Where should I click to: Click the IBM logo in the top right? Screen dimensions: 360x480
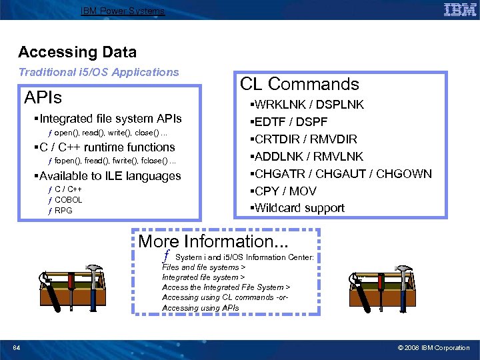click(x=459, y=9)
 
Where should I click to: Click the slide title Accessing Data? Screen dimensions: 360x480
click(x=77, y=52)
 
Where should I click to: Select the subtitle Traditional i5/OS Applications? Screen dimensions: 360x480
click(x=99, y=72)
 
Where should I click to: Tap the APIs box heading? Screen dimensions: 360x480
click(x=43, y=98)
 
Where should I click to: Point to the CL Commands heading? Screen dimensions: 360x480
click(x=299, y=84)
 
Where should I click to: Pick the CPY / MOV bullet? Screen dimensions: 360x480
click(x=283, y=191)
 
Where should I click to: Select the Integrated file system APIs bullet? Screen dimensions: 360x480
click(x=110, y=119)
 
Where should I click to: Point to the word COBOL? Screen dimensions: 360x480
click(x=68, y=200)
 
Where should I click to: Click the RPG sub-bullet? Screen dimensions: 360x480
click(x=63, y=211)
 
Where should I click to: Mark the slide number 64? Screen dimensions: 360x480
click(x=16, y=347)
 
